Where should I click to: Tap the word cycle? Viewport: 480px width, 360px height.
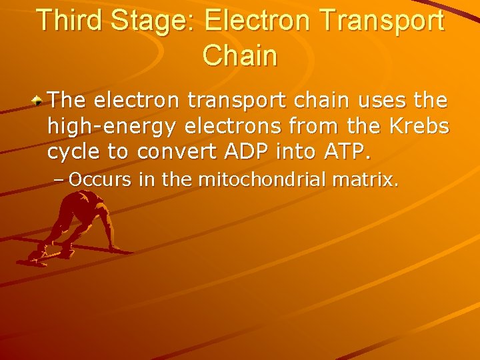(74, 151)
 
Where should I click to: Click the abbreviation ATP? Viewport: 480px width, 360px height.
(344, 151)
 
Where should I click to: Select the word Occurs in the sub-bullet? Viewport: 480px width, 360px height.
(96, 179)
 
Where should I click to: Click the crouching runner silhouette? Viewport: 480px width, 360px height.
(73, 227)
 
